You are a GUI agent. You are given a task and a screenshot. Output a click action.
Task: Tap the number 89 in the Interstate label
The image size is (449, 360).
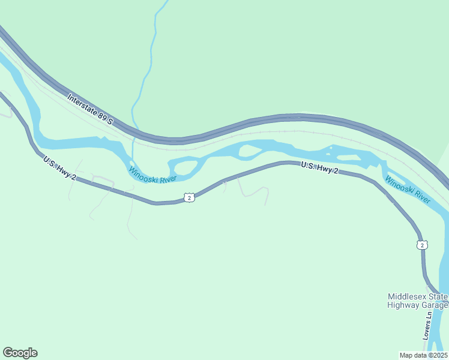(103, 117)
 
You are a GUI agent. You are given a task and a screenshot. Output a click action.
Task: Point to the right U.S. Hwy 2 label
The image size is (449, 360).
(320, 167)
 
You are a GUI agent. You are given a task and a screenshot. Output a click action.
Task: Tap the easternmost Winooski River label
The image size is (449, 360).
(408, 189)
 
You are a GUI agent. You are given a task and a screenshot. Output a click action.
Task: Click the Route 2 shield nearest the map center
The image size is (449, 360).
(189, 197)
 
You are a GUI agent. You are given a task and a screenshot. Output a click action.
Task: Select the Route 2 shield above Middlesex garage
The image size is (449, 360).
(423, 244)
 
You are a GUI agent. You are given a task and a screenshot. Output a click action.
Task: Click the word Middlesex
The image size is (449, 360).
(406, 296)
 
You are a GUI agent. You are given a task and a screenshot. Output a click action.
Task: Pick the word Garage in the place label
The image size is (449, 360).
(433, 305)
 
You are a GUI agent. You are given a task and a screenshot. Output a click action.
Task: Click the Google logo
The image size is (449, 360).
(20, 353)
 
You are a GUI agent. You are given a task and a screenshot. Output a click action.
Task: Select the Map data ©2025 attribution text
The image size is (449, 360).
(423, 355)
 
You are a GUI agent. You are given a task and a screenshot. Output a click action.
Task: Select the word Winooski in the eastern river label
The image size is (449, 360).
(398, 184)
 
